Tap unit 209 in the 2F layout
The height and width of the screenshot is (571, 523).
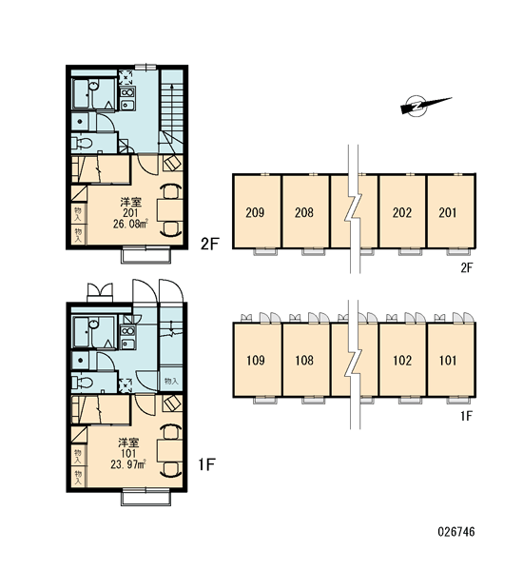coord(257,211)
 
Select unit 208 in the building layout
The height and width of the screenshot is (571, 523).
coord(305,211)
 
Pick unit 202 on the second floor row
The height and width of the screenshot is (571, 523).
coord(402,211)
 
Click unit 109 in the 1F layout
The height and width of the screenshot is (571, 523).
coord(257,360)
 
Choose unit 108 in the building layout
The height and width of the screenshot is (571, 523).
coord(305,360)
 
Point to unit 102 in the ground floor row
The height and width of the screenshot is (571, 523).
coord(402,360)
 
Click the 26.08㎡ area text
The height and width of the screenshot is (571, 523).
coord(130,224)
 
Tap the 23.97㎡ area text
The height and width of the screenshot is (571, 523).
coord(128,464)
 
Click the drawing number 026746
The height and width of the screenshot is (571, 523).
coord(456,532)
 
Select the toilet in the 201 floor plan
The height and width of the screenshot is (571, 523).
coord(82,143)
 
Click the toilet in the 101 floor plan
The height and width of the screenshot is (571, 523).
coord(82,383)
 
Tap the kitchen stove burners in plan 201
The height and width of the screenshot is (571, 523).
coord(127,92)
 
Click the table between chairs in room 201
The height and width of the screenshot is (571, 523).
coord(170,209)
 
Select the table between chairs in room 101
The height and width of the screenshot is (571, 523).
coord(170,450)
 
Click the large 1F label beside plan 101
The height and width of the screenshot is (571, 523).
coord(206,464)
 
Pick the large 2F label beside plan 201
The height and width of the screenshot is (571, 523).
coord(209,244)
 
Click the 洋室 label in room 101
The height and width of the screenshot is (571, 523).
coord(128,443)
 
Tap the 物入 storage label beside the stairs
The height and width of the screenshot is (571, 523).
coord(171,382)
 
